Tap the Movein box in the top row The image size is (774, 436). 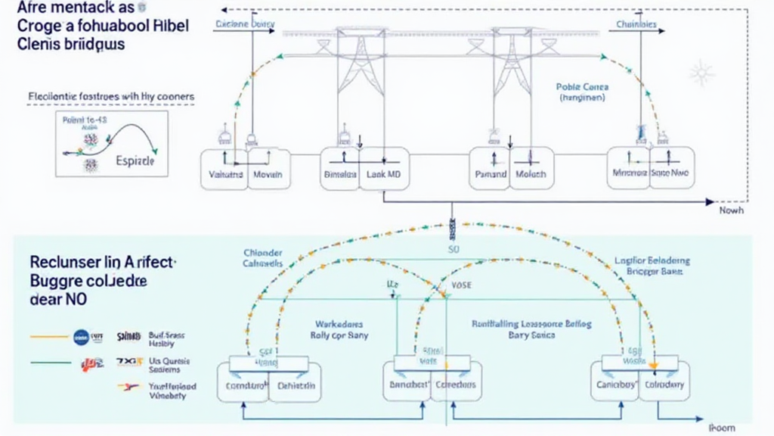[x=268, y=174]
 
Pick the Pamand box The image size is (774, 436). [x=491, y=173]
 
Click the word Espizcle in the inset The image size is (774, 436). [x=136, y=162]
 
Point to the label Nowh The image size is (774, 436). [x=731, y=211]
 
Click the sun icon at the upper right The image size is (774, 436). [x=701, y=73]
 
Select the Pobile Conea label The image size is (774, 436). [x=582, y=87]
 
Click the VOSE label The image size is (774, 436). [x=461, y=286]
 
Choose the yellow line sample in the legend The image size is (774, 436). [x=48, y=335]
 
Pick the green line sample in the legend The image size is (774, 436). [x=48, y=363]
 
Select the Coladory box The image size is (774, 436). [x=665, y=385]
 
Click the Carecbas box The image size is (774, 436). [x=455, y=385]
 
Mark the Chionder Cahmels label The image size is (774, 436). [x=263, y=257]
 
